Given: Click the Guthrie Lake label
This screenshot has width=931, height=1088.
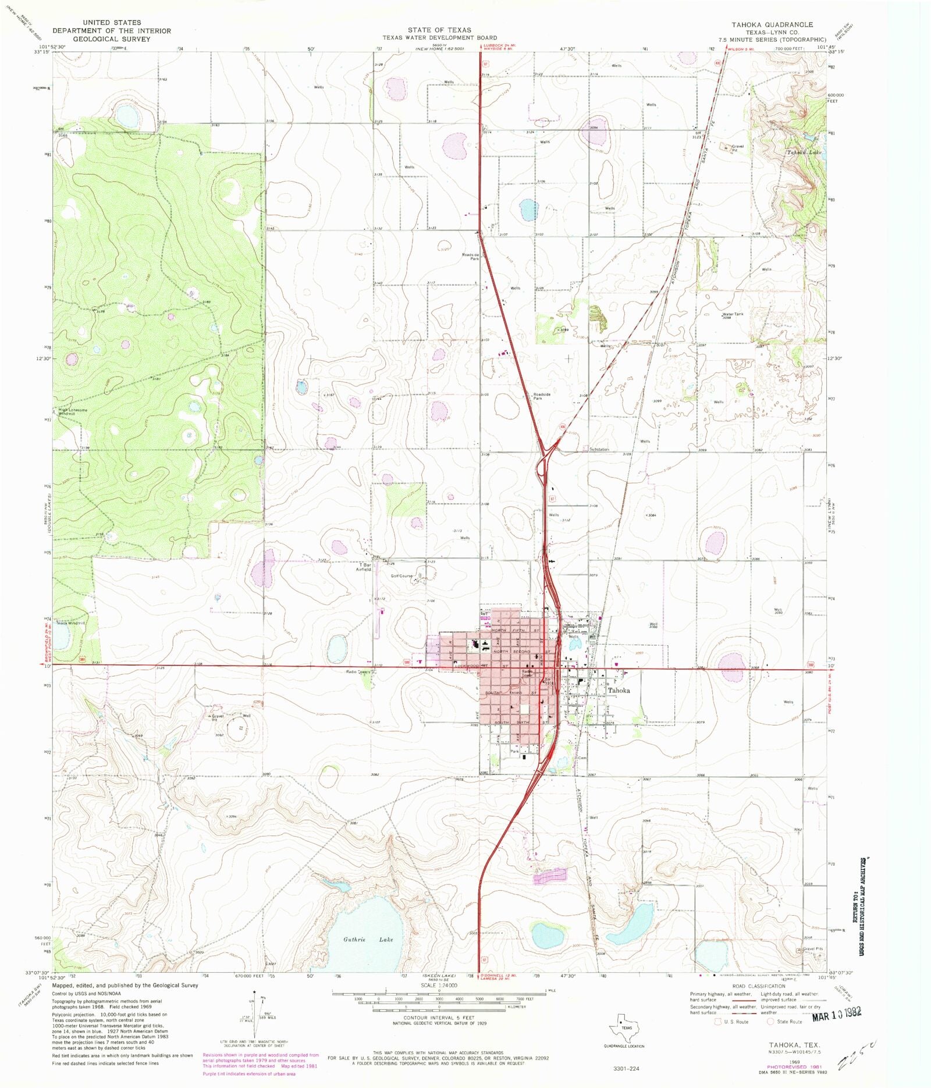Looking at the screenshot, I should pos(368,939).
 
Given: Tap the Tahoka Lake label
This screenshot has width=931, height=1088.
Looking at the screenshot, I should pos(804,152).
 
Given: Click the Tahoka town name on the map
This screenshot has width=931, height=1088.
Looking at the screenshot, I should pos(619,691).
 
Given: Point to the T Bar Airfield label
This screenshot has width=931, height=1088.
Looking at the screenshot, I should pos(364,567).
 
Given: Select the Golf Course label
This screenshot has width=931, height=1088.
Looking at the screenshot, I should pos(401,576).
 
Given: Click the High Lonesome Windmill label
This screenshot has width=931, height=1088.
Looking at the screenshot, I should pos(72,411).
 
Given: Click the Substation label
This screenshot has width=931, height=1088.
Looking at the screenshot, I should pos(599,449).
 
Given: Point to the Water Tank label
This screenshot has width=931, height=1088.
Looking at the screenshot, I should pos(733,315).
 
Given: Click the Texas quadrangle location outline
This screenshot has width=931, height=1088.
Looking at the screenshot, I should pos(626,1028).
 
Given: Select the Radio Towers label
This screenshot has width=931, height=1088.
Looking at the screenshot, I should pos(359,671).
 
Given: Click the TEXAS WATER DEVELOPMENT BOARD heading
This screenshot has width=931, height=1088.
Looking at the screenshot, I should pos(439,38).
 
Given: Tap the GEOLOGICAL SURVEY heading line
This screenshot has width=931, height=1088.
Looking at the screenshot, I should pos(112,39).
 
